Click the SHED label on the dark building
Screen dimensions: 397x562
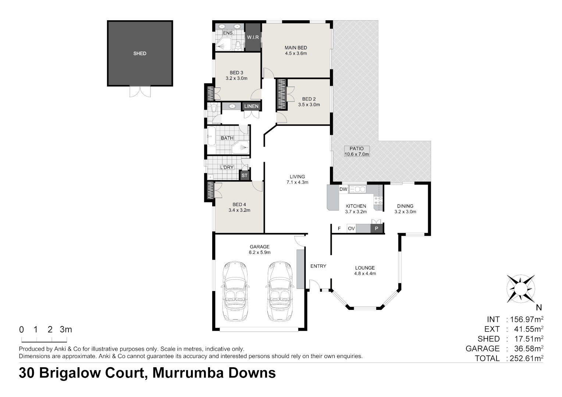pyautogui.click(x=140, y=54)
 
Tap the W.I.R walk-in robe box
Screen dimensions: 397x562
pyautogui.click(x=253, y=37)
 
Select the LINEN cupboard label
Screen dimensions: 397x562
pyautogui.click(x=252, y=106)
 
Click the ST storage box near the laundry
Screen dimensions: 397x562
pyautogui.click(x=245, y=176)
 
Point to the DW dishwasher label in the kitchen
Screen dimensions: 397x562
pyautogui.click(x=343, y=189)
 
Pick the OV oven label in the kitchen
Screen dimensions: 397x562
pyautogui.click(x=351, y=229)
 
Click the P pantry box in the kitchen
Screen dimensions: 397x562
pyautogui.click(x=376, y=229)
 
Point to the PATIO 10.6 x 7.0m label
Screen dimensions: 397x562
pyautogui.click(x=356, y=151)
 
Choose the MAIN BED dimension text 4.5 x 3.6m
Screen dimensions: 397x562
pyautogui.click(x=296, y=53)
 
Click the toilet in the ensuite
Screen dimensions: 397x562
pyautogui.click(x=238, y=45)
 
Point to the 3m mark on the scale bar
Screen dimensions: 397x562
pyautogui.click(x=66, y=330)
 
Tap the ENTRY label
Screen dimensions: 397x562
pyautogui.click(x=318, y=266)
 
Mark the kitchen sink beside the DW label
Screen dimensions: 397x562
pyautogui.click(x=357, y=189)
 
